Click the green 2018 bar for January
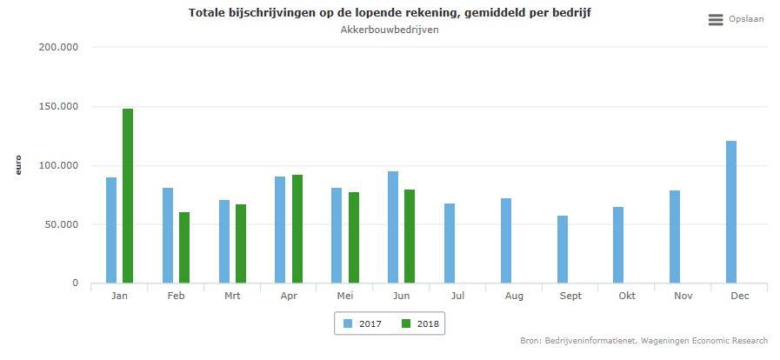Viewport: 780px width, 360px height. click(x=128, y=196)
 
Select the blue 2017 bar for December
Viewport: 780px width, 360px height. click(x=731, y=211)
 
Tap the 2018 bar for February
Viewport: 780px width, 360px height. click(x=184, y=247)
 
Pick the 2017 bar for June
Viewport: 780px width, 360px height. click(x=393, y=226)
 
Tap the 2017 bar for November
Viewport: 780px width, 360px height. click(x=675, y=237)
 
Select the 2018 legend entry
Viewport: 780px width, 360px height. click(x=421, y=323)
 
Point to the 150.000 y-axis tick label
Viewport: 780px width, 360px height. click(x=60, y=107)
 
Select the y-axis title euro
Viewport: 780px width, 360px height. click(x=18, y=165)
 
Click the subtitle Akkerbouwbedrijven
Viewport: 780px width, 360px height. click(x=390, y=30)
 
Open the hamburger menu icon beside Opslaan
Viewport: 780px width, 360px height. click(x=716, y=19)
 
